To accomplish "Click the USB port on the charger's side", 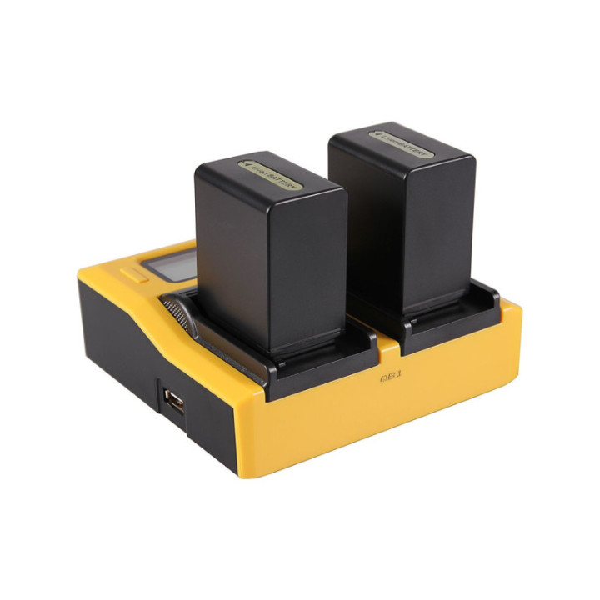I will coord(172,401).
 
